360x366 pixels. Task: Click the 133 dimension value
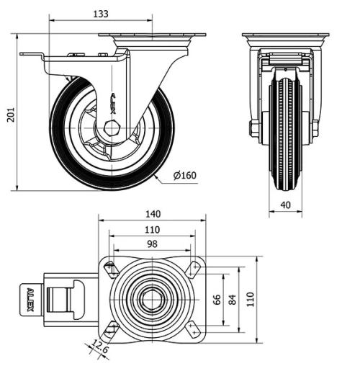[x=102, y=14]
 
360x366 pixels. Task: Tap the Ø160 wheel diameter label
[x=184, y=176]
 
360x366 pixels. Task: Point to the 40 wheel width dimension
[x=285, y=205]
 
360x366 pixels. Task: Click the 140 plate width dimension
[x=152, y=214]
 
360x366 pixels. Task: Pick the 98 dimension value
[x=151, y=245]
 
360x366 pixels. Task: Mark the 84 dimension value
[x=232, y=299]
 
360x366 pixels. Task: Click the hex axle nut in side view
[x=109, y=130]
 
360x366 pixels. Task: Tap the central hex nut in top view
[x=151, y=299]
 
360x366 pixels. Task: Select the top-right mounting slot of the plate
[x=193, y=269]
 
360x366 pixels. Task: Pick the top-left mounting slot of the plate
[x=110, y=269]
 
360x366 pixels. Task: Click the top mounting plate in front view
[x=285, y=37]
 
